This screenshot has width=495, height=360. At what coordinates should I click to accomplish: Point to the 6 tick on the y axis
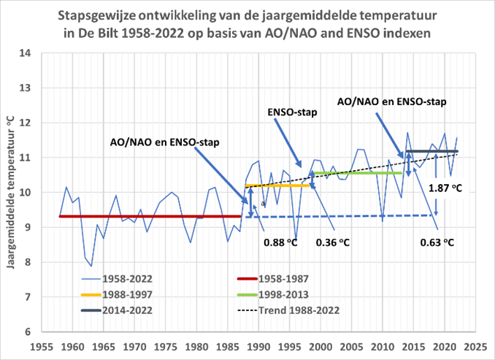(26, 332)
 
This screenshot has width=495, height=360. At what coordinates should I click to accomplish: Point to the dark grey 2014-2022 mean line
(431, 151)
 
